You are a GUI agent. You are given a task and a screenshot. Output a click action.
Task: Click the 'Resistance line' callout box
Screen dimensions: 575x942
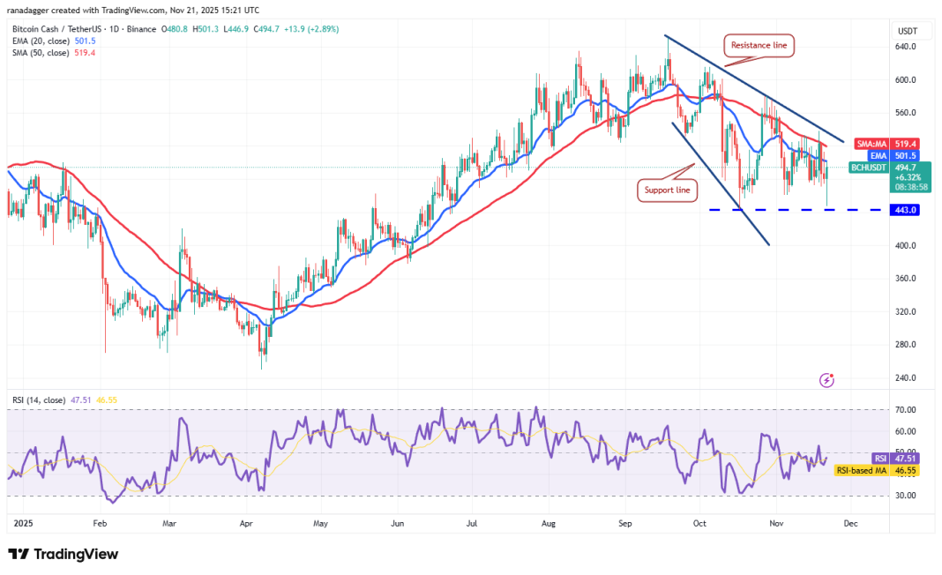[759, 43]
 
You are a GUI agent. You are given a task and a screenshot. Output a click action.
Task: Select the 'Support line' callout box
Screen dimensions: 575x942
[668, 189]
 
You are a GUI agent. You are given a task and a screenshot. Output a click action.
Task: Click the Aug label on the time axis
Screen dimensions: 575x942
[549, 523]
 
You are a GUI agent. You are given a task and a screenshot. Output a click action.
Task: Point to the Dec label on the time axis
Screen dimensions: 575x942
[849, 523]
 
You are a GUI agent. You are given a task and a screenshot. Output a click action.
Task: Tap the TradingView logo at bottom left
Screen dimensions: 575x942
[63, 554]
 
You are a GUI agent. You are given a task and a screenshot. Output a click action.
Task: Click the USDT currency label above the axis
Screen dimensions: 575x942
[908, 30]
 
